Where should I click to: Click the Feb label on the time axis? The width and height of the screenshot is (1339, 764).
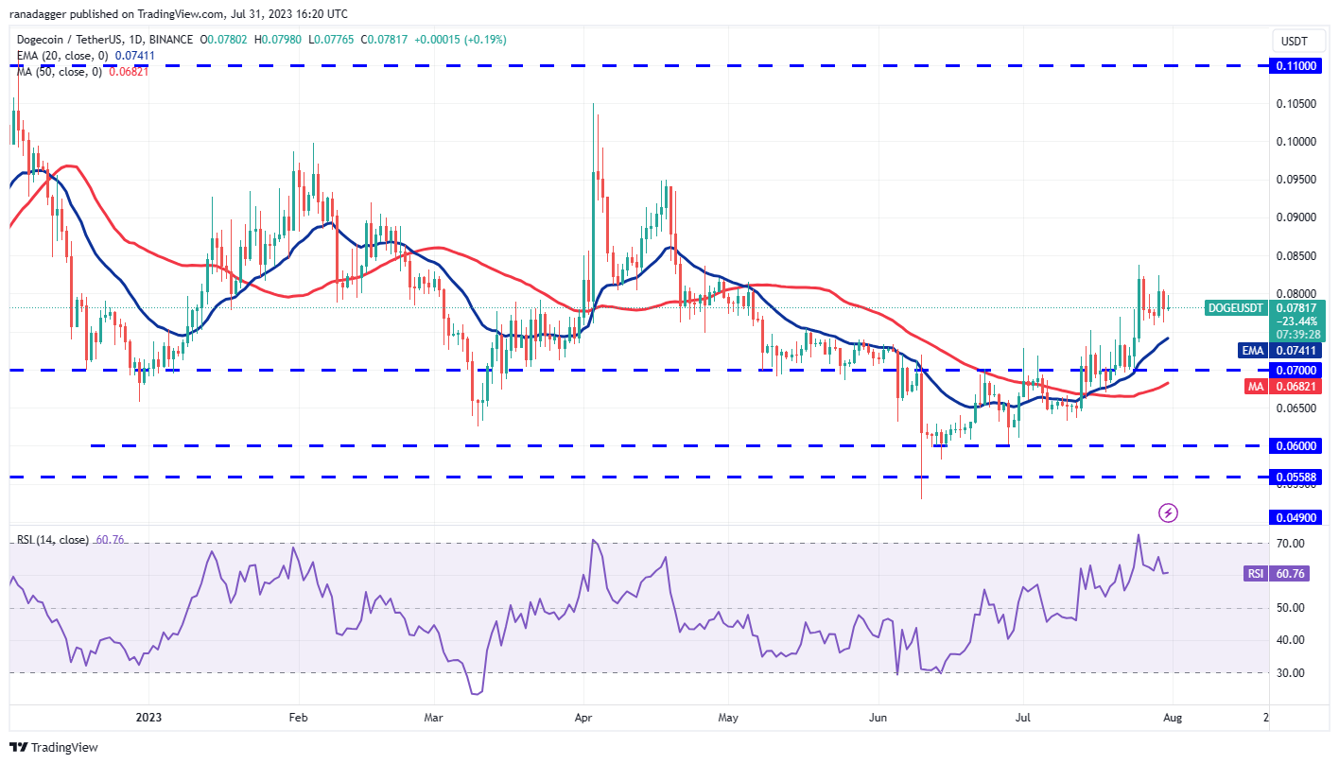click(x=298, y=718)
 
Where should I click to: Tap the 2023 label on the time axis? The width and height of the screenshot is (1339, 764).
click(x=148, y=718)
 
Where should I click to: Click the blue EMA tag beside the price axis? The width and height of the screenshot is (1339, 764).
click(x=1253, y=350)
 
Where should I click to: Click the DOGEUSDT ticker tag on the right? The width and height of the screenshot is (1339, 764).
click(x=1235, y=307)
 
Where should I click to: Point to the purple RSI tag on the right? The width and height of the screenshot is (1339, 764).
click(x=1254, y=573)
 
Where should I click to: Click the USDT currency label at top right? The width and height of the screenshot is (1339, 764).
click(x=1294, y=41)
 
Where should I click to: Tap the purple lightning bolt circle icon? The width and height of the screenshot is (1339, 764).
click(x=1169, y=512)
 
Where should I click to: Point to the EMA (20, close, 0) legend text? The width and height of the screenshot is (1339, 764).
click(x=58, y=56)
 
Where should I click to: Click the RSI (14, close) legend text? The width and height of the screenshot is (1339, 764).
click(x=52, y=540)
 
